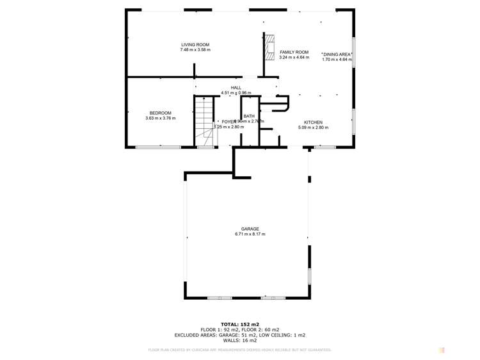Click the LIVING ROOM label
(195, 44)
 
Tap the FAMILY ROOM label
(294, 52)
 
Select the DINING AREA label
(337, 54)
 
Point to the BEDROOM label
(160, 113)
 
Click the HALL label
(236, 87)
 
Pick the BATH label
(248, 116)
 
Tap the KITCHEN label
(313, 122)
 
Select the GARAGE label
(250, 229)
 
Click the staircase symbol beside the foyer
(204, 122)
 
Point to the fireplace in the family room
(271, 46)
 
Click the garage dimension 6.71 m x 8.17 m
(250, 234)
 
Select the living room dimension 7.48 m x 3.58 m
(195, 50)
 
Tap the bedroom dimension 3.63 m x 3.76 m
(160, 119)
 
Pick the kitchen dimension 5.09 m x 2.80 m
(313, 128)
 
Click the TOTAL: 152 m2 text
(240, 324)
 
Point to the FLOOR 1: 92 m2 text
(220, 329)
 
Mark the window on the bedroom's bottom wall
(157, 147)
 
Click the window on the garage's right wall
(309, 276)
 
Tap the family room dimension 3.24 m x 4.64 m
(294, 58)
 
